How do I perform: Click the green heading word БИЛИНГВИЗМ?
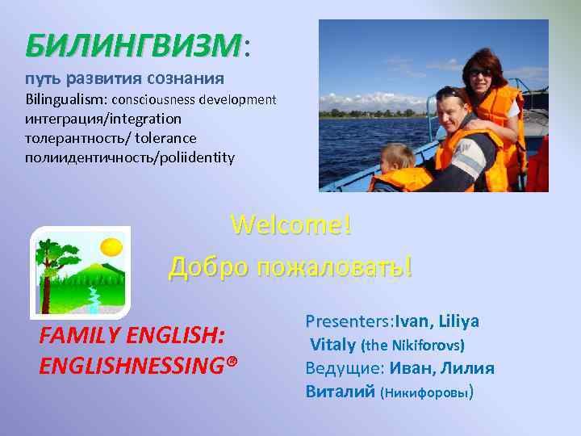(133, 46)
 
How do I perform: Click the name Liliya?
(459, 321)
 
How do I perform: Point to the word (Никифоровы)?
(426, 394)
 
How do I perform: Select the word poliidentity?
(194, 157)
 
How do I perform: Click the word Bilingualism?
(67, 100)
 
